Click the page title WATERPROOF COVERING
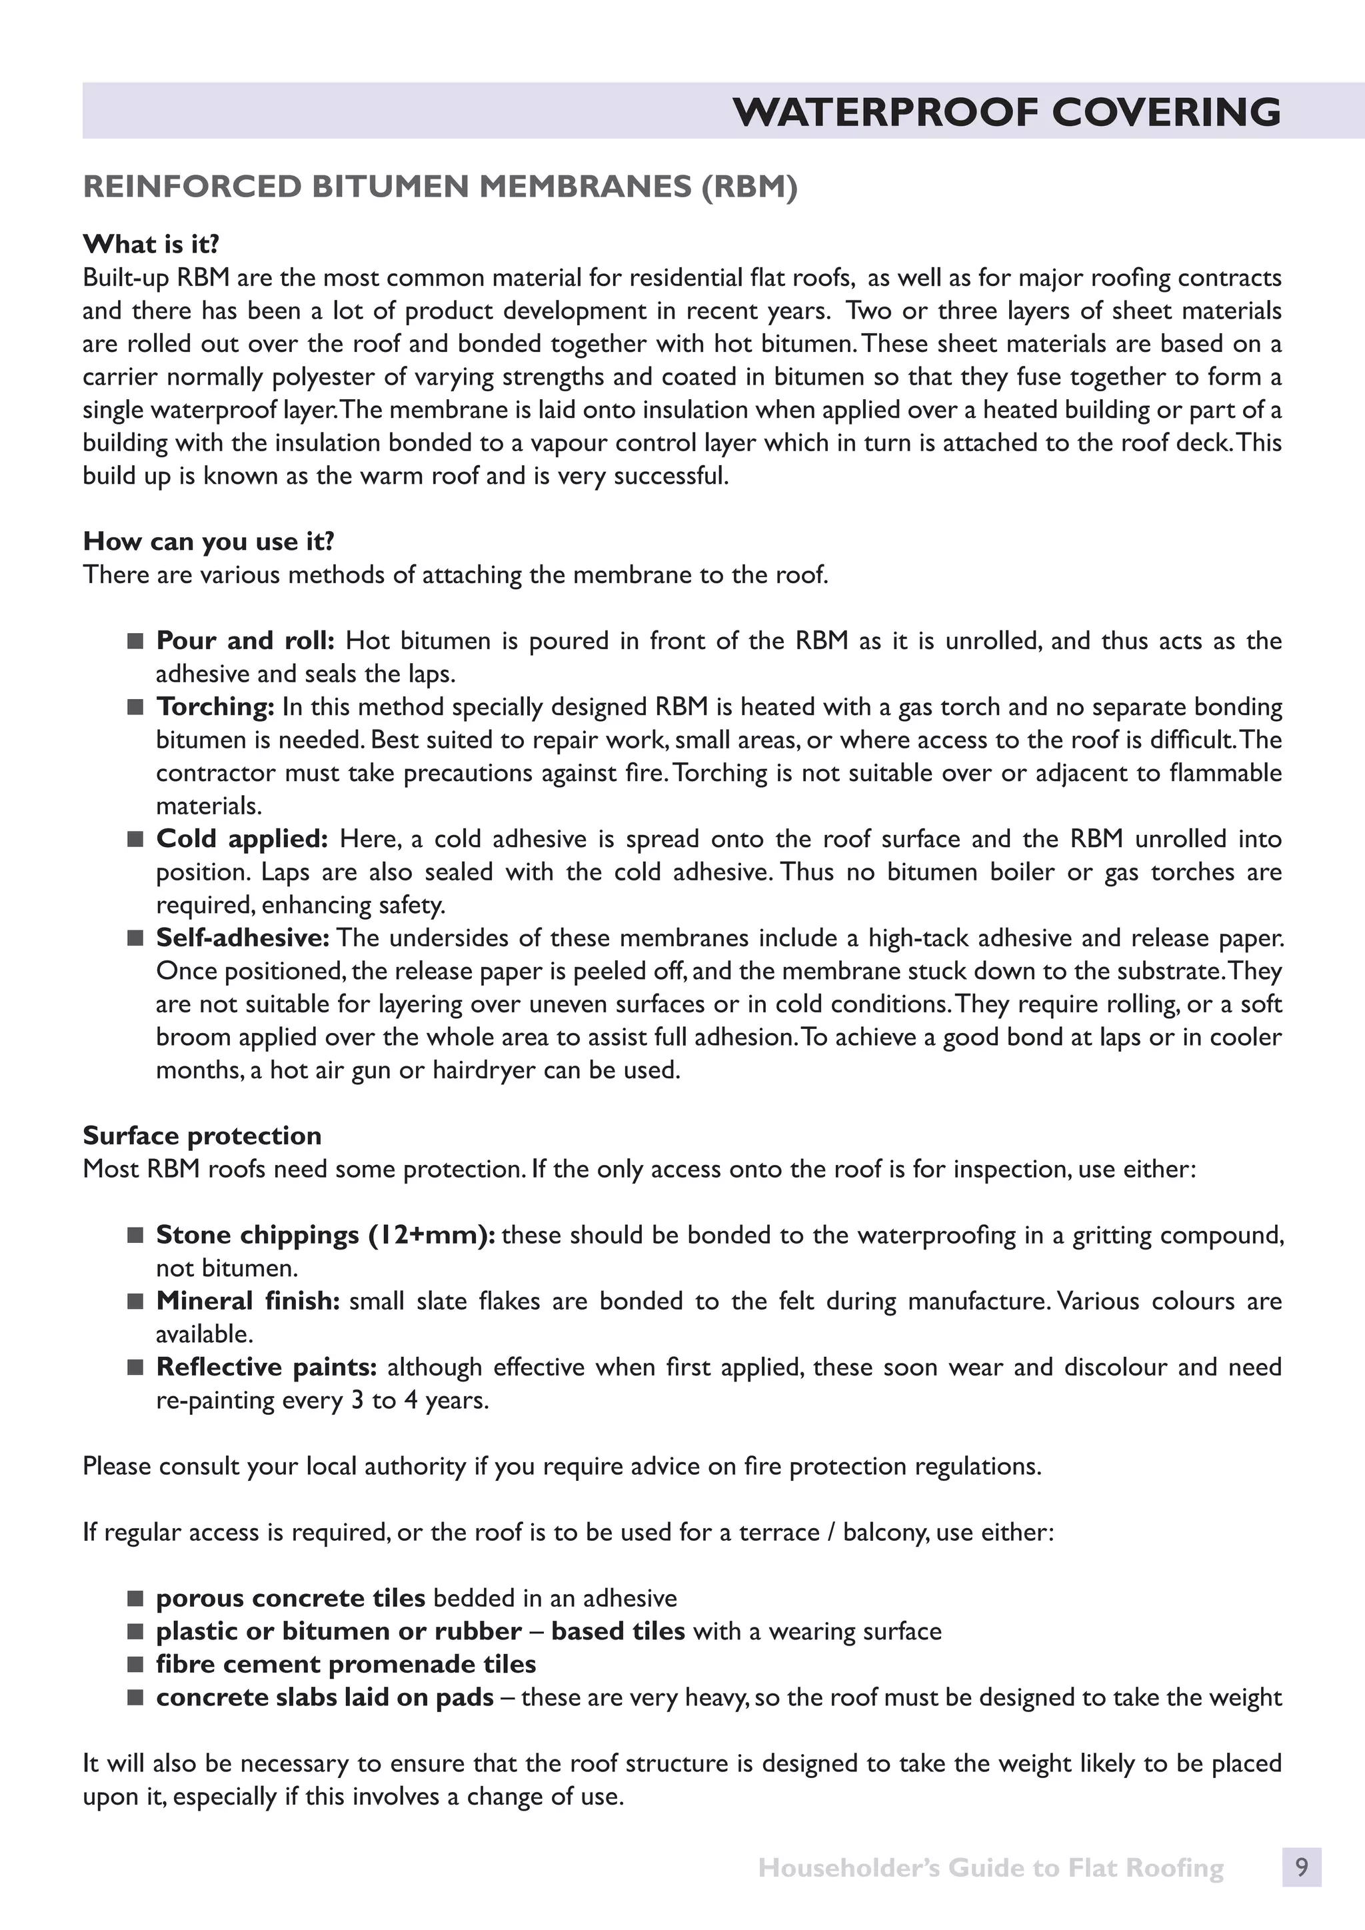(x=1006, y=112)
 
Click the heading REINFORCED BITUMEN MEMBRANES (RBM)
(x=440, y=187)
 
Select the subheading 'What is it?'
(x=151, y=245)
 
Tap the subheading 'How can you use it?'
(x=209, y=541)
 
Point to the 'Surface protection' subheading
(x=202, y=1136)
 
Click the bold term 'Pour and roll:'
(x=245, y=641)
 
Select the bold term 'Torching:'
(x=215, y=707)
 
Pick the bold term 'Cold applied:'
(x=242, y=839)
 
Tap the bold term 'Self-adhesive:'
(x=243, y=938)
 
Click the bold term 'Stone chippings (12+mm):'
(x=325, y=1235)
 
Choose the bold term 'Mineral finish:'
(x=248, y=1302)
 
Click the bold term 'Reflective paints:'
(x=267, y=1368)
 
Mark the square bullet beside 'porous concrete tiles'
(x=135, y=1598)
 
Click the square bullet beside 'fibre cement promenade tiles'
(x=135, y=1664)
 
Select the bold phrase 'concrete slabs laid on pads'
(x=325, y=1697)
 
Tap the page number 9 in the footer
(x=1301, y=1868)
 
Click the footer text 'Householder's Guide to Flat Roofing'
(x=990, y=1868)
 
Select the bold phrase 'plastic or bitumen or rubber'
(x=338, y=1631)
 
